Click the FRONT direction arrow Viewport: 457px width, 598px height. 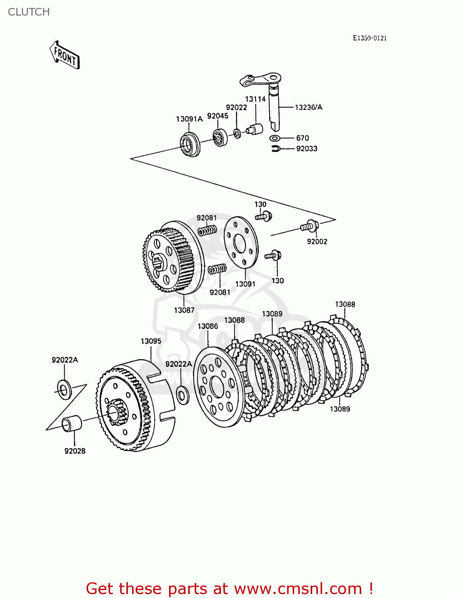[65, 55]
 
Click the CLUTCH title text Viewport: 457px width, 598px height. [29, 12]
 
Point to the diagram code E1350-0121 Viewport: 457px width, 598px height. [369, 38]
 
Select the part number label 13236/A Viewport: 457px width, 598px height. [308, 107]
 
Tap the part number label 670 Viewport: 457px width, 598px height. [302, 138]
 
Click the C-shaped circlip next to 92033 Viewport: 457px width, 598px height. [276, 149]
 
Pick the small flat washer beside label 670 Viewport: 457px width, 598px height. [274, 138]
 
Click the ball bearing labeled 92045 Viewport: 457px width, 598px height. [219, 138]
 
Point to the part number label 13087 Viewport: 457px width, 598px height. [184, 310]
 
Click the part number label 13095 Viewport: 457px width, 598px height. [151, 341]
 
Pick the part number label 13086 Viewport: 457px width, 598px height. [208, 327]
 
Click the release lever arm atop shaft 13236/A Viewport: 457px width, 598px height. [259, 79]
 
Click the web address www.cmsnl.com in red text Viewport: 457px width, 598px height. [297, 589]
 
